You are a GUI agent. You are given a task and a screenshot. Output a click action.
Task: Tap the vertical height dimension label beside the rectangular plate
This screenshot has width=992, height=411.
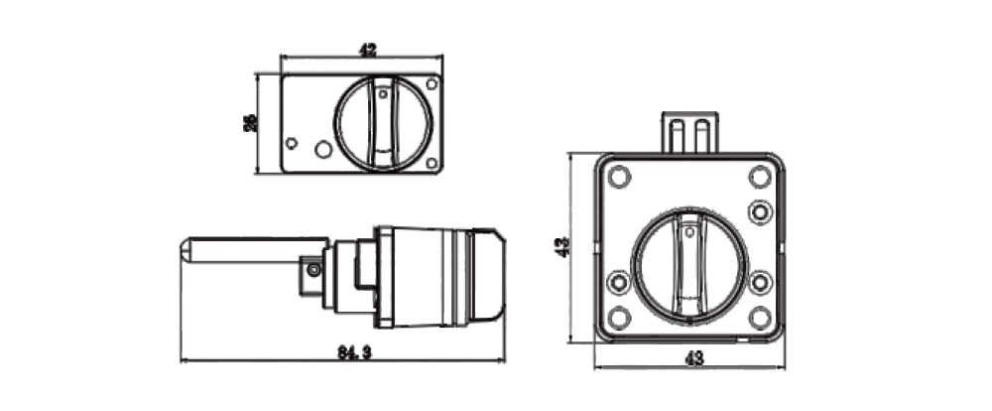coord(251,123)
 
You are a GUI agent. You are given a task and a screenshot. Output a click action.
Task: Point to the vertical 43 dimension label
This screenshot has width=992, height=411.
coord(561,246)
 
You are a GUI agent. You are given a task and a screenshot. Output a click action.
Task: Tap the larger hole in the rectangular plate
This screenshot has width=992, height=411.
coord(322,150)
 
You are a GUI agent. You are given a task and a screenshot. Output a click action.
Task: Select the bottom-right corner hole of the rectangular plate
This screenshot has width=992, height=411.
coord(431,163)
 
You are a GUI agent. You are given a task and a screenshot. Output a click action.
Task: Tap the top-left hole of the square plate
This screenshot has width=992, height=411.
coord(620,178)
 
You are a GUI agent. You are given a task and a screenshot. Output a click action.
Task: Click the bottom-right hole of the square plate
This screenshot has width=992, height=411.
coord(760,318)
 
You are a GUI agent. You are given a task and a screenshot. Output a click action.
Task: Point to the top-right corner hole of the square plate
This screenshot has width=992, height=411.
coord(760,178)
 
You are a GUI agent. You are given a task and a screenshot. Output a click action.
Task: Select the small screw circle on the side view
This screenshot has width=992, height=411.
coord(314,270)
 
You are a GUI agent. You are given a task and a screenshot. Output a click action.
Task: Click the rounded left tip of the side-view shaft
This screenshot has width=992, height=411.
coord(186,251)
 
